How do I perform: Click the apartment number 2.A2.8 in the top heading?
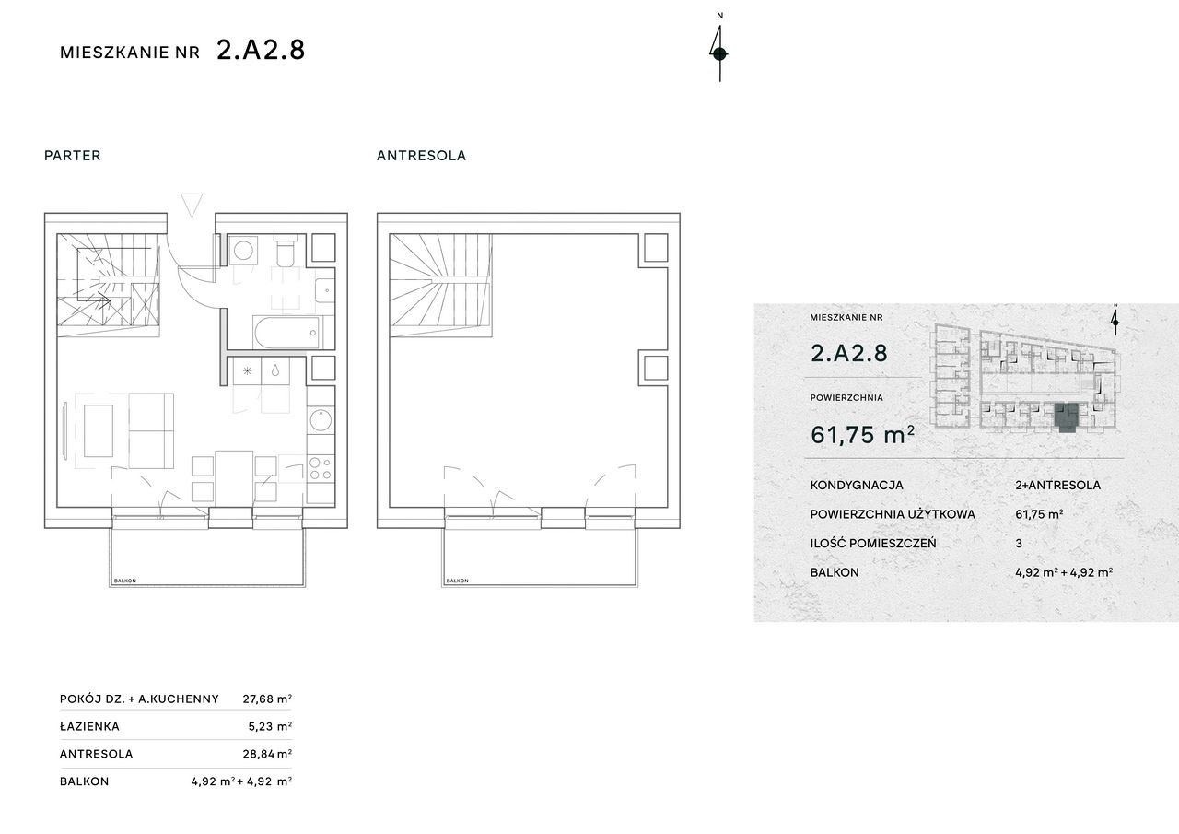click(261, 51)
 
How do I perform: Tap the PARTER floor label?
click(73, 156)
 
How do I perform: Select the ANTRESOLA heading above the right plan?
click(422, 156)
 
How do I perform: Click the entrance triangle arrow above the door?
click(192, 205)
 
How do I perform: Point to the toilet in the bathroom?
click(286, 250)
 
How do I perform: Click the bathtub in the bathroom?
click(286, 333)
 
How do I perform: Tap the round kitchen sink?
click(321, 420)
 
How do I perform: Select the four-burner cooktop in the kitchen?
click(321, 468)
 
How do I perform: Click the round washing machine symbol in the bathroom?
click(243, 250)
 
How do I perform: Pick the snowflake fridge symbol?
click(248, 371)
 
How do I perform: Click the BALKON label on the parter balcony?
click(125, 581)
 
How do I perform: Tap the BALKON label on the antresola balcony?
click(458, 581)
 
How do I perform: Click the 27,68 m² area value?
click(267, 699)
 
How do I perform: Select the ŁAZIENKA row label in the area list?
click(90, 726)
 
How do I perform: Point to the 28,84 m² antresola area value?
click(267, 754)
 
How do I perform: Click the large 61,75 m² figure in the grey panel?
click(863, 435)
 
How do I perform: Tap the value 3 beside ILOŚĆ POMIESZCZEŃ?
click(1019, 544)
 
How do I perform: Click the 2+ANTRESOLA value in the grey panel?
click(1058, 485)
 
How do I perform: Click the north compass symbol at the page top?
click(719, 51)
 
